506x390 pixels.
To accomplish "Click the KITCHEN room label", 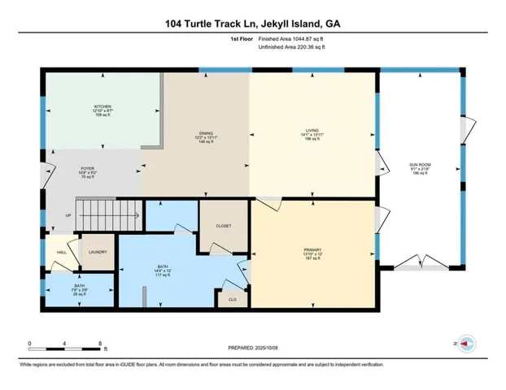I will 102,106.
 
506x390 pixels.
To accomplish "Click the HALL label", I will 60,253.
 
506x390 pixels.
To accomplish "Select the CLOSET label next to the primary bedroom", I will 224,226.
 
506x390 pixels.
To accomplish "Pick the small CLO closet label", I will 232,298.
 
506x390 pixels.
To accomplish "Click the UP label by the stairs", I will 68,215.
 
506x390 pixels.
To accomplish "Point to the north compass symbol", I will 466,344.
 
